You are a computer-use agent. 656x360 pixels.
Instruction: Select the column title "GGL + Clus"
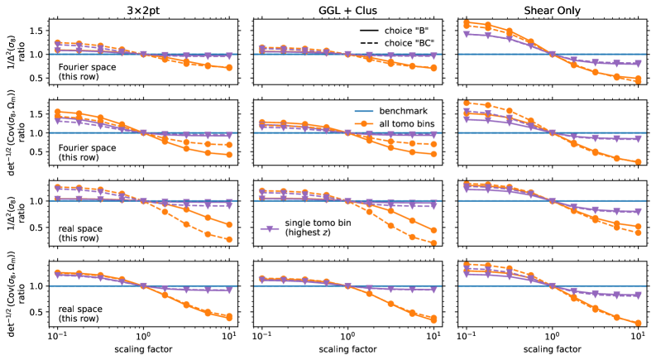tap(347, 7)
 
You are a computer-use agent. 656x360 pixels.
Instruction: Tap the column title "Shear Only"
tap(551, 7)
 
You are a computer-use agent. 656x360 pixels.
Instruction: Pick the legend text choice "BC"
tap(404, 41)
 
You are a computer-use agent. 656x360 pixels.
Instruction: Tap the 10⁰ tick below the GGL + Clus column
tap(347, 336)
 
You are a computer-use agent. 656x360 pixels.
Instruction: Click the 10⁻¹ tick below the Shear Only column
tap(465, 336)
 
